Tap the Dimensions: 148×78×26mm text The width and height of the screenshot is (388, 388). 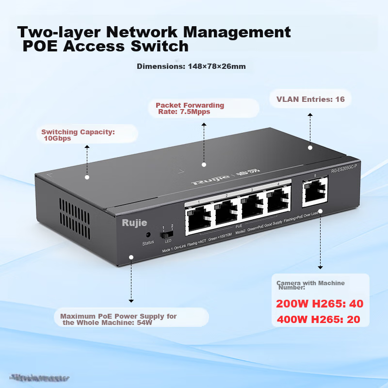point(191,66)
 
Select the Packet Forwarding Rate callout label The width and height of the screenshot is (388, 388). point(190,108)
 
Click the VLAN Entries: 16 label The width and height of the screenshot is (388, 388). point(310,99)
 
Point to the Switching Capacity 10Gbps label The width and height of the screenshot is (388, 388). point(78,135)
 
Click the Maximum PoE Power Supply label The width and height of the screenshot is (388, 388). point(118,319)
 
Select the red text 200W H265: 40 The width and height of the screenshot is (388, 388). point(320,304)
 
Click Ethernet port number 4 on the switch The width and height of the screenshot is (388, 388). point(277,200)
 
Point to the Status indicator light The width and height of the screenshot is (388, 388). point(147,235)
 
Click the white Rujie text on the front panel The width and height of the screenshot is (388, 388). point(134,223)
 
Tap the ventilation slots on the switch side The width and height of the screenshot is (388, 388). point(74,212)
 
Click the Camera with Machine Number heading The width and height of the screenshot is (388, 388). point(310,285)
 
